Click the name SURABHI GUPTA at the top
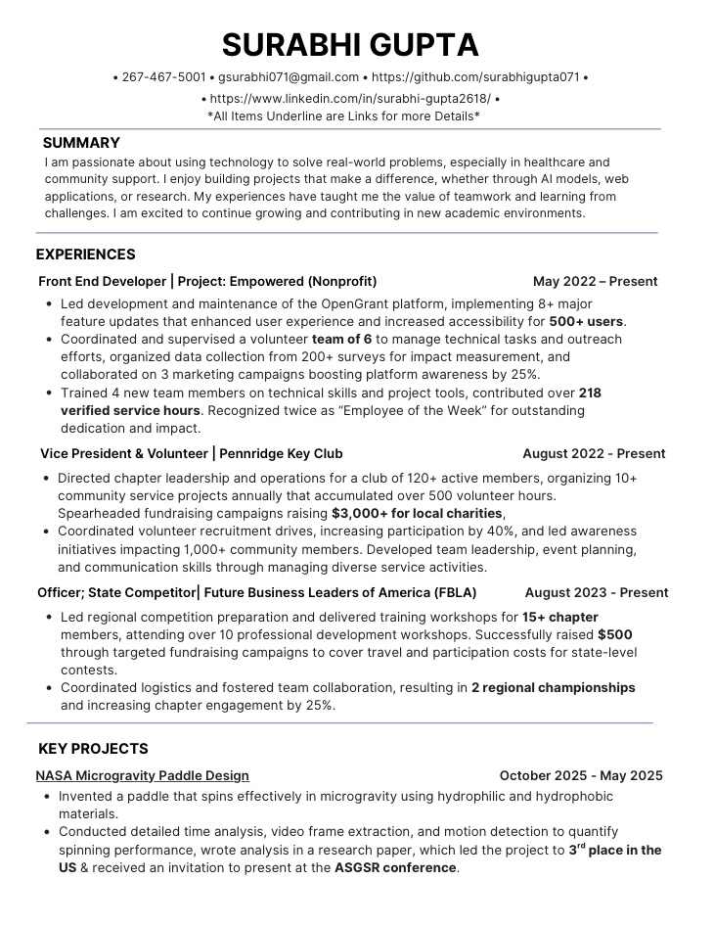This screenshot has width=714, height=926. (x=349, y=45)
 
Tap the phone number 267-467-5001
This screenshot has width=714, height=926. (x=163, y=77)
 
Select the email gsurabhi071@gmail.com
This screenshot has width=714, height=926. (x=289, y=77)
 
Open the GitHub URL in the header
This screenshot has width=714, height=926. (x=475, y=77)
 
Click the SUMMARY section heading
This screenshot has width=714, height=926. (x=81, y=143)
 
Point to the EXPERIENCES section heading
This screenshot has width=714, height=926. (x=85, y=255)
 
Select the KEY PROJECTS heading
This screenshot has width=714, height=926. (x=93, y=749)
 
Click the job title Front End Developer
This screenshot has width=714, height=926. (x=102, y=282)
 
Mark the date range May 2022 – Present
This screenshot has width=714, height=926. (x=595, y=282)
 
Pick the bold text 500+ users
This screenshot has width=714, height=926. (x=586, y=321)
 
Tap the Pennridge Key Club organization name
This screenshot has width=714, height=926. (x=281, y=454)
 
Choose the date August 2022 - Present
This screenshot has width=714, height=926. (x=593, y=454)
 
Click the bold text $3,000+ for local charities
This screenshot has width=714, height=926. (x=417, y=514)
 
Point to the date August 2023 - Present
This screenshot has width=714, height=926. (x=596, y=593)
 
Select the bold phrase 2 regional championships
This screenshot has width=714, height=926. (x=553, y=688)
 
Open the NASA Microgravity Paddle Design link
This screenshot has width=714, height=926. (x=142, y=776)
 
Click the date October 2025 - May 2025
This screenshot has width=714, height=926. (x=580, y=776)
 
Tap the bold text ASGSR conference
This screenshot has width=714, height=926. (x=395, y=868)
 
